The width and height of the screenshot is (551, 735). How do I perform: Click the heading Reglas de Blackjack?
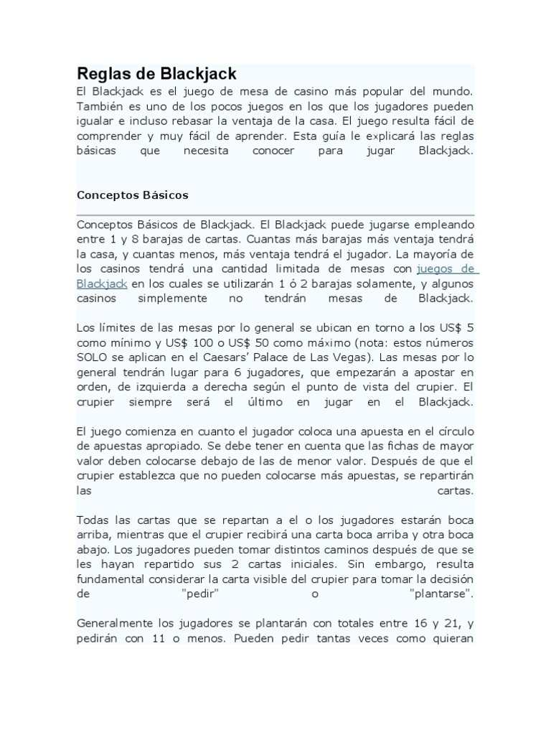point(156,74)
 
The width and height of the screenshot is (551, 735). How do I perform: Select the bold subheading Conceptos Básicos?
point(132,195)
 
